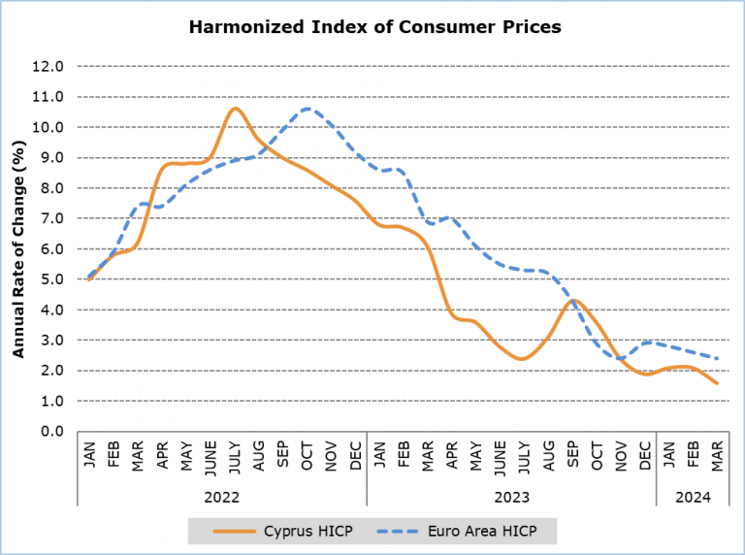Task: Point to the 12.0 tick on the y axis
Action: [x=49, y=67]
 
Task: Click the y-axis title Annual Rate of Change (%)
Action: [x=18, y=248]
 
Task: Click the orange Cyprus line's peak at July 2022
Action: [x=235, y=108]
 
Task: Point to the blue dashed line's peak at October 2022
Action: [x=308, y=109]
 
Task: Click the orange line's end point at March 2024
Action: [x=717, y=382]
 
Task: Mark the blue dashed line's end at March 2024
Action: [x=717, y=358]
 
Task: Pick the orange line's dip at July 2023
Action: [x=524, y=358]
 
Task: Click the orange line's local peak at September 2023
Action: [x=573, y=300]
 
